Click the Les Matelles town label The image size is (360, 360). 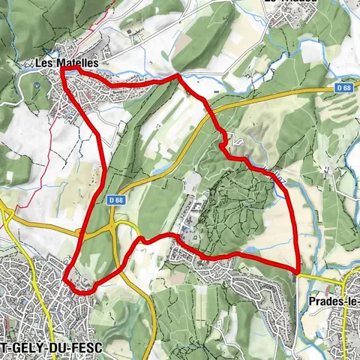click(67, 63)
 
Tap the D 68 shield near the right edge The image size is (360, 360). click(343, 88)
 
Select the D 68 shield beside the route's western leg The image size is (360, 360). click(114, 199)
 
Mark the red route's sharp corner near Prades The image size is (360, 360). click(298, 271)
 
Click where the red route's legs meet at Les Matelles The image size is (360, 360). click(63, 72)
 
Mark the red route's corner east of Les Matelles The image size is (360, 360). click(178, 76)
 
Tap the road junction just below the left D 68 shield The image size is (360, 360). click(113, 223)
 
